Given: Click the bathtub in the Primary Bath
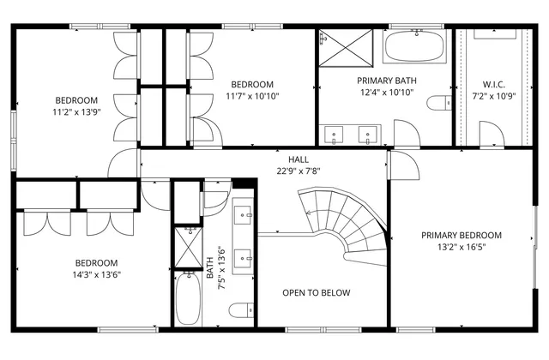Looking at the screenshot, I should click(x=416, y=47).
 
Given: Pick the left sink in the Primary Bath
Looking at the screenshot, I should click(x=333, y=134).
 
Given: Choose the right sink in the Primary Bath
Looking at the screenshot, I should click(x=369, y=134).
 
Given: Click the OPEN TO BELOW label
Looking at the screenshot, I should click(x=317, y=293).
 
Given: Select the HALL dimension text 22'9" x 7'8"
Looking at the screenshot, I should click(x=298, y=171).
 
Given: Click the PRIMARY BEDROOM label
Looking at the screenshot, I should click(x=461, y=235).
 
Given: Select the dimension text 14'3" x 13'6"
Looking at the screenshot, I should click(x=96, y=275).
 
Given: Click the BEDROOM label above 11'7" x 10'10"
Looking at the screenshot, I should click(x=252, y=84).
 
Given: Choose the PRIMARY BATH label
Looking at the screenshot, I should click(x=387, y=81).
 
